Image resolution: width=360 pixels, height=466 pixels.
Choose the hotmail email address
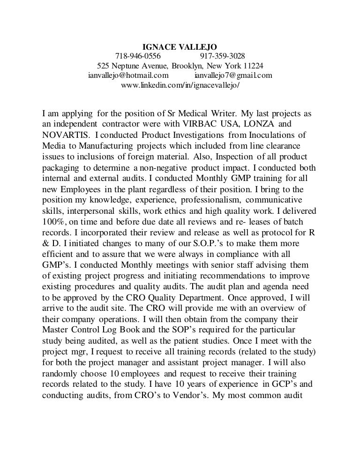click(128, 75)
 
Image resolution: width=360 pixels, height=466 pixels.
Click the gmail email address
click(232, 75)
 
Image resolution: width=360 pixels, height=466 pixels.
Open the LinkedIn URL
click(180, 85)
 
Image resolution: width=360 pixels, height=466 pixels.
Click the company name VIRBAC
click(215, 125)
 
